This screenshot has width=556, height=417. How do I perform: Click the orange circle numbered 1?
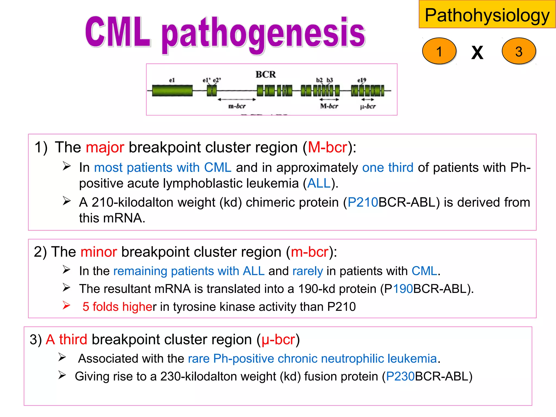(439, 51)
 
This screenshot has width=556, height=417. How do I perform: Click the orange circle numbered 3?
(519, 51)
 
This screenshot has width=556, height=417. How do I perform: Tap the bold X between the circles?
(477, 52)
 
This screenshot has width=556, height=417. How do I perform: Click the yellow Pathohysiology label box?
(487, 15)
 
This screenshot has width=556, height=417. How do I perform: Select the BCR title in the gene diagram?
(266, 74)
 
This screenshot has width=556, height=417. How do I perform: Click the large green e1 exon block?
(172, 91)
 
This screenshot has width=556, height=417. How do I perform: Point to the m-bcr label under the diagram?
(237, 106)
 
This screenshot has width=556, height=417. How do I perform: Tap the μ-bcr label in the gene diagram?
(368, 106)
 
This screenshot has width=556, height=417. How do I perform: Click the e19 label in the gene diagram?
(362, 80)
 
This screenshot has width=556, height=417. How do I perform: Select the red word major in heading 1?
(105, 147)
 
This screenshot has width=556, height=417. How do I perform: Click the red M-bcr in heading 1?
(327, 147)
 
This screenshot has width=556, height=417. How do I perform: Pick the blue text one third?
(388, 168)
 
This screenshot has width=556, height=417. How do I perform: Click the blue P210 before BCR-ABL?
(363, 203)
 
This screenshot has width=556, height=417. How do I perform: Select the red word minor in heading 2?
(99, 252)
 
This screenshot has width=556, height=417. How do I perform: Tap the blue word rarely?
(308, 271)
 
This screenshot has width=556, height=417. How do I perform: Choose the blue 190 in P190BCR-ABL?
(403, 289)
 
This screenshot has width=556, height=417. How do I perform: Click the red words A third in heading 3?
(67, 340)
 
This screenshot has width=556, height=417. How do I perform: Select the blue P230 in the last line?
(400, 377)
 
